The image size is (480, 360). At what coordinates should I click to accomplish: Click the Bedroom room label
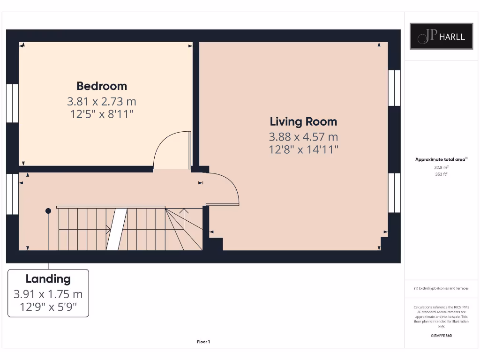(x=102, y=86)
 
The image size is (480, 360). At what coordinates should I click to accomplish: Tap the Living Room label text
(x=303, y=121)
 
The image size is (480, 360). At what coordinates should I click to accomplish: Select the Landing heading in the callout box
(x=48, y=279)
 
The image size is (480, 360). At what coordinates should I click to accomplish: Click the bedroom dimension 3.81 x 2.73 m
(x=102, y=101)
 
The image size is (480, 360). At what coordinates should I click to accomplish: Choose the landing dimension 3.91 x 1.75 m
(x=48, y=294)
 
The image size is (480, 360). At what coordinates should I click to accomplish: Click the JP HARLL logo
(x=441, y=36)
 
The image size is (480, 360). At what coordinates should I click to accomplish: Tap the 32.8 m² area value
(x=441, y=167)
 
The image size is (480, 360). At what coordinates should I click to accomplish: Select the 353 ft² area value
(x=441, y=174)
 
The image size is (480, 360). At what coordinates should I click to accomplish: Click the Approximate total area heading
(x=441, y=159)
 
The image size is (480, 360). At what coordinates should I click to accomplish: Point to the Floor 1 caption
(x=203, y=342)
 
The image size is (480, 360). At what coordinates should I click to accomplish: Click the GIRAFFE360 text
(x=441, y=336)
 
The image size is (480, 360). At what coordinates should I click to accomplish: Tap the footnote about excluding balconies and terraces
(x=441, y=288)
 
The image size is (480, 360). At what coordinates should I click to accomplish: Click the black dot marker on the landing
(x=48, y=211)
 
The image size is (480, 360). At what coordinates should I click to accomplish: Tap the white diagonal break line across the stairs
(x=117, y=229)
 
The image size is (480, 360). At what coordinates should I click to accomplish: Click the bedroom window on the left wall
(x=12, y=104)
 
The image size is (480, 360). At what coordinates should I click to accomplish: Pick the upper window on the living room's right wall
(x=394, y=88)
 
